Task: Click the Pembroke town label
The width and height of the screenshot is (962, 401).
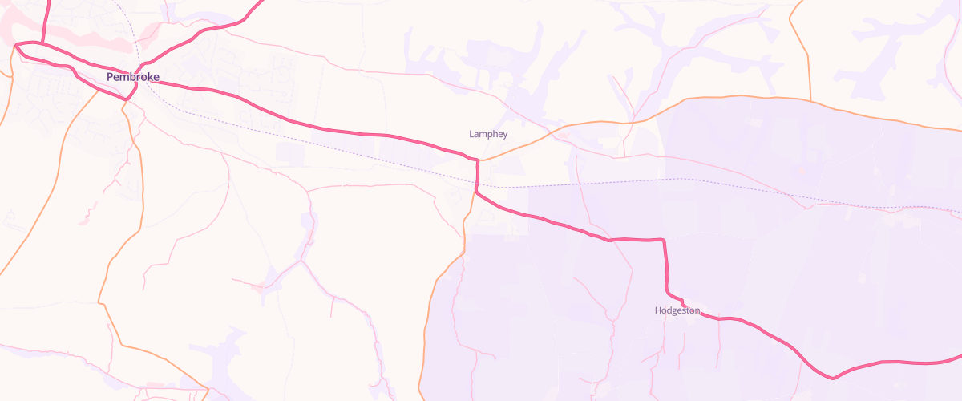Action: click(133, 77)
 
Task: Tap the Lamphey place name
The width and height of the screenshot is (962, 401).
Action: click(488, 134)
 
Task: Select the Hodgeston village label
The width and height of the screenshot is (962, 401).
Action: click(677, 310)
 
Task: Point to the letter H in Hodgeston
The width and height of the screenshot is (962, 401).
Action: click(658, 310)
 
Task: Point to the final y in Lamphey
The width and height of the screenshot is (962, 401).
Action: click(504, 135)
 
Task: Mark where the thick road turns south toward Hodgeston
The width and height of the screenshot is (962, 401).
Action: click(664, 240)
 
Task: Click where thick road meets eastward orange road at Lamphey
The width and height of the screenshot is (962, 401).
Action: click(478, 160)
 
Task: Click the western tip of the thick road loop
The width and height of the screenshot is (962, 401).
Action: click(16, 46)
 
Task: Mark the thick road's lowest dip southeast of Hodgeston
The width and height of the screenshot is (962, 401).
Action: click(833, 378)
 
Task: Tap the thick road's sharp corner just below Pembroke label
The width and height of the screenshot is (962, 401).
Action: click(128, 98)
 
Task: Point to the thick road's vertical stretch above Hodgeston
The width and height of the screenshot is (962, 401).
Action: click(665, 265)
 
